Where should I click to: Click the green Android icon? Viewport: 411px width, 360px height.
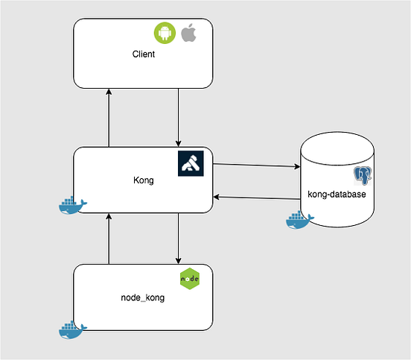164,33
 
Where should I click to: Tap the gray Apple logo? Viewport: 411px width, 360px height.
188,33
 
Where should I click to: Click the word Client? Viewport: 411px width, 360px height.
143,54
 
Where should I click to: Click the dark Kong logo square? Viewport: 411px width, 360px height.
191,164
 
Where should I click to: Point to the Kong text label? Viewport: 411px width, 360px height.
143,180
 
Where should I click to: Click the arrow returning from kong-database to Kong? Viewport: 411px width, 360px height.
256,198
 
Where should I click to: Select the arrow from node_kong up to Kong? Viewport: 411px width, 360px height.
109,238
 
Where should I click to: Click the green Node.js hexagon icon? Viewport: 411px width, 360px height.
191,279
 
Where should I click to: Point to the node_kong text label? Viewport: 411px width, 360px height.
143,297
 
